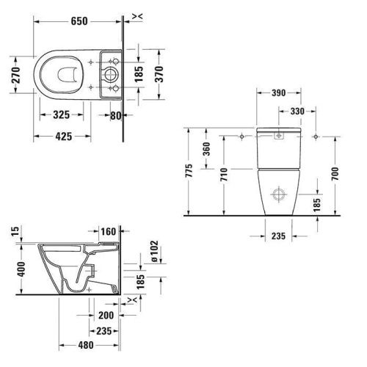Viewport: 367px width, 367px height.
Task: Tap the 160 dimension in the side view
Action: [108, 233]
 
